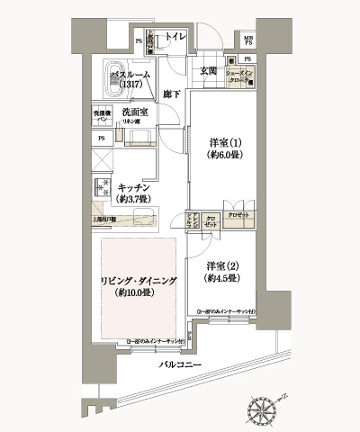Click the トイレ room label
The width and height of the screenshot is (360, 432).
click(x=175, y=37)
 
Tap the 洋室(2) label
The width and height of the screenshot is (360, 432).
click(x=220, y=265)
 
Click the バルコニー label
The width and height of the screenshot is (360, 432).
click(x=180, y=365)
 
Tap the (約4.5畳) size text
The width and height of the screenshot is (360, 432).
click(x=220, y=278)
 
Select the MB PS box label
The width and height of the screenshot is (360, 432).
click(x=247, y=40)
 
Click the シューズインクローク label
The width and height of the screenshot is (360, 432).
click(x=242, y=76)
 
